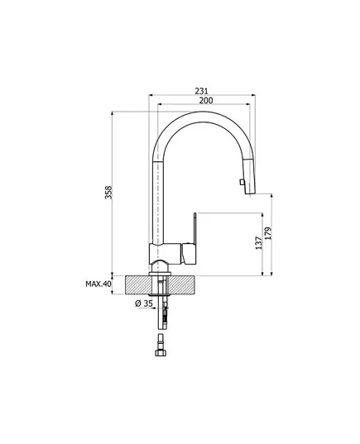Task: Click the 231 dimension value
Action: click(x=202, y=91)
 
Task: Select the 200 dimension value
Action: click(x=206, y=100)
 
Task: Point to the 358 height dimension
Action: click(x=108, y=193)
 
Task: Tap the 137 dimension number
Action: click(x=259, y=243)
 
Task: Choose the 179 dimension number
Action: click(x=268, y=233)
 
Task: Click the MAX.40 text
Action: click(x=98, y=284)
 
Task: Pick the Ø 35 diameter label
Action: click(x=144, y=303)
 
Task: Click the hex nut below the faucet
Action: click(x=161, y=352)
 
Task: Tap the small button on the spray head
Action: click(x=242, y=182)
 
